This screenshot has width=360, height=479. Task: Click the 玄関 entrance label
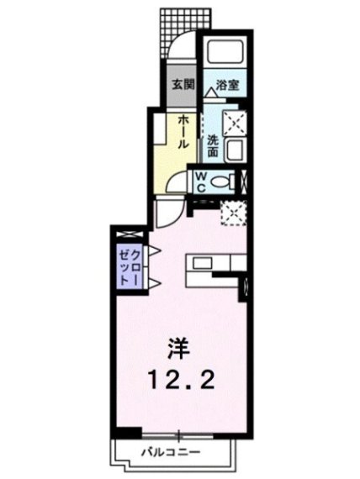point(183,85)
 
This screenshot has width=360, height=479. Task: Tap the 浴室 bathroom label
point(227,85)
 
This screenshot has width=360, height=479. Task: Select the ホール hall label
point(183,132)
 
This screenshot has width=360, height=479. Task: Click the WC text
point(201,182)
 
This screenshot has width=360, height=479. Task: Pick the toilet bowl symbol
point(220,182)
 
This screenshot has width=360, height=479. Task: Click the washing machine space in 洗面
point(235,123)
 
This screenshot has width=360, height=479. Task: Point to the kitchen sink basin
point(202,263)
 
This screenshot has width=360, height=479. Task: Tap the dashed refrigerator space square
point(234,213)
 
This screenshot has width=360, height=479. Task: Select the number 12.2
point(181,379)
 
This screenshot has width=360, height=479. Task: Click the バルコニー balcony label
point(171,451)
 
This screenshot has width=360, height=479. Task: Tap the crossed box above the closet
point(130,234)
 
